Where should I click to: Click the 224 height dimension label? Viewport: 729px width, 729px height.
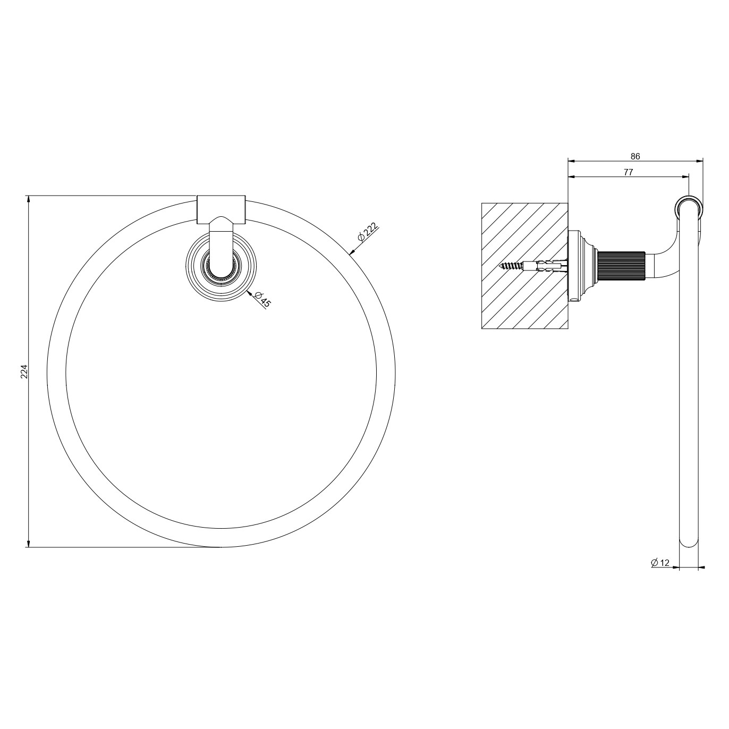tap(24, 371)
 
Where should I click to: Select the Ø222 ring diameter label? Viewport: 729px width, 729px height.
tap(367, 232)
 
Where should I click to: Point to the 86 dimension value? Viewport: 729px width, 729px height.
tap(635, 156)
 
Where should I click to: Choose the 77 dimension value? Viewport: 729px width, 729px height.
tap(628, 172)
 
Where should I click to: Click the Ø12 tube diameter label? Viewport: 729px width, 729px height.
tap(660, 573)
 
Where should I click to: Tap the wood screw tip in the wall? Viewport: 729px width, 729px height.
tap(501, 266)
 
